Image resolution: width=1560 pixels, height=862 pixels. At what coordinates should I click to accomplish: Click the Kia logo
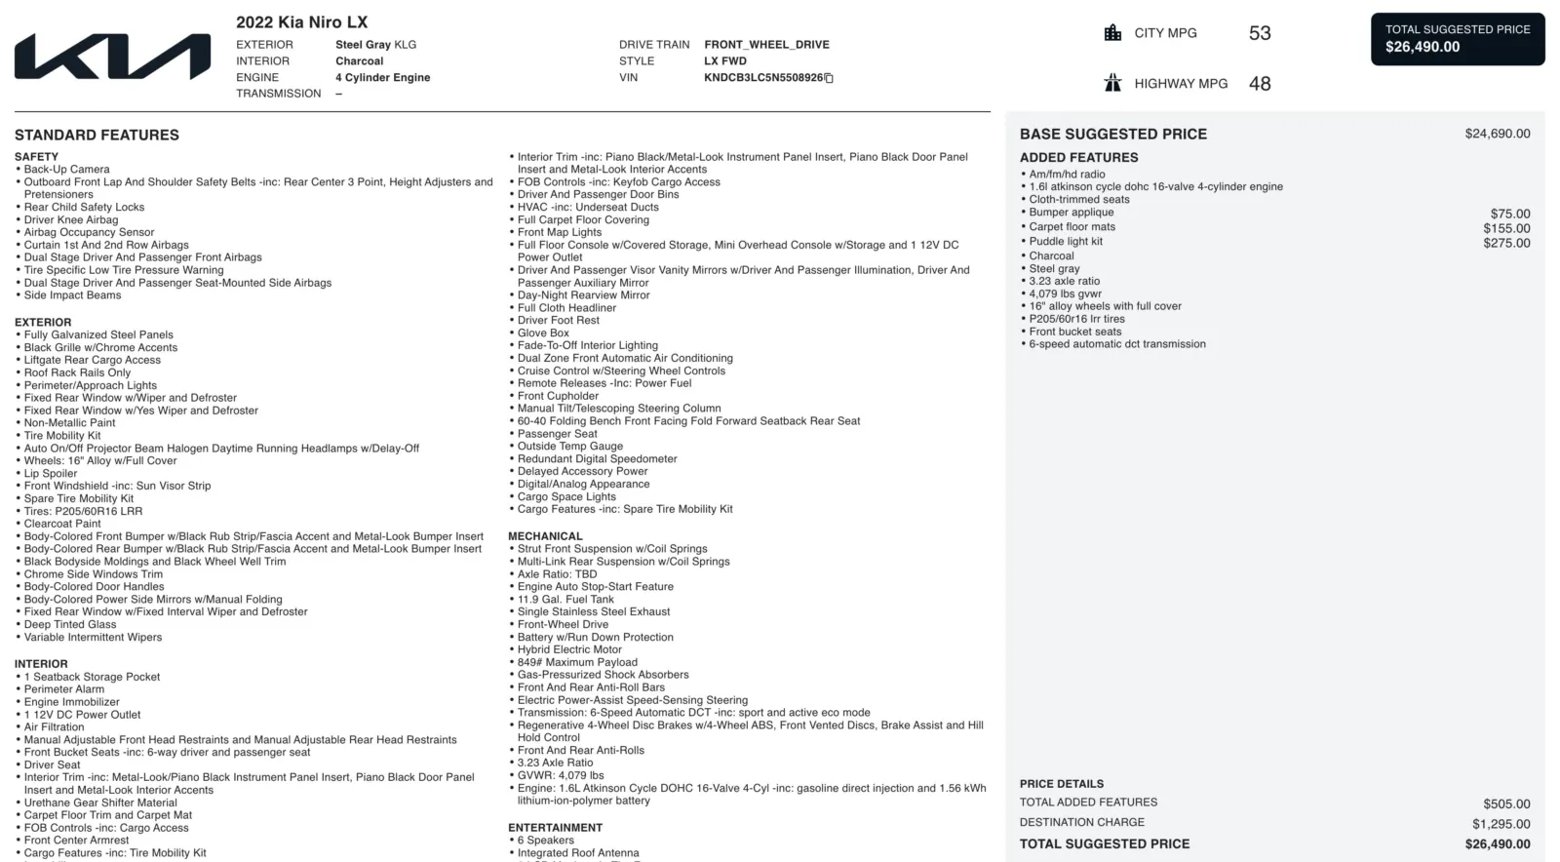[112, 57]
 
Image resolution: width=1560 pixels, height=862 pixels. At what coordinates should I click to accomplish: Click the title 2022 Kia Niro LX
[301, 22]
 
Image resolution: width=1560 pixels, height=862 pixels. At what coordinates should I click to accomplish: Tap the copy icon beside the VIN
[829, 78]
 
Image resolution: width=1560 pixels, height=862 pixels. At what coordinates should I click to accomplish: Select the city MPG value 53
[1260, 33]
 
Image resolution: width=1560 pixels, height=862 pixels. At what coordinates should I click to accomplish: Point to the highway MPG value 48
[1260, 84]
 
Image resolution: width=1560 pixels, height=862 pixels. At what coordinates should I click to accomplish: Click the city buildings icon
[1112, 33]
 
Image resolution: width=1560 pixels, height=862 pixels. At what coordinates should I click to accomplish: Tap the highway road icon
[1112, 83]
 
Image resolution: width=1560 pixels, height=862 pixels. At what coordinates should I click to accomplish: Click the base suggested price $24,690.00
[1497, 134]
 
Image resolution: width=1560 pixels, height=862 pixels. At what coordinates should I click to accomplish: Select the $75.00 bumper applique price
[1509, 214]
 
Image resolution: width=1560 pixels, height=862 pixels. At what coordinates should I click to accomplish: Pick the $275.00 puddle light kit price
[1506, 243]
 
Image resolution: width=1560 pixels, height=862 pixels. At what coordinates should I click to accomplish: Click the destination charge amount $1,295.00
[1501, 824]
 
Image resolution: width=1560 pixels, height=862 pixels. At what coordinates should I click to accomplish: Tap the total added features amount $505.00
[1506, 804]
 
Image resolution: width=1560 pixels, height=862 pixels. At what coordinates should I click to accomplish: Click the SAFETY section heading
[36, 157]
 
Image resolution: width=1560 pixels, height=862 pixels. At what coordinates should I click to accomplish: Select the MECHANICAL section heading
[545, 536]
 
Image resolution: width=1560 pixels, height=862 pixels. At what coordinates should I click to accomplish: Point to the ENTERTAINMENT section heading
[555, 828]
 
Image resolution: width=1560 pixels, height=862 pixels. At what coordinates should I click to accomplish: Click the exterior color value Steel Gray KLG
[375, 45]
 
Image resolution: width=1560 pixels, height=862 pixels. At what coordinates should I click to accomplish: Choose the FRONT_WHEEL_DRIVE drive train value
[766, 45]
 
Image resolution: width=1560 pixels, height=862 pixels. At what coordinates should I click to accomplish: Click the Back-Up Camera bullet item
[66, 170]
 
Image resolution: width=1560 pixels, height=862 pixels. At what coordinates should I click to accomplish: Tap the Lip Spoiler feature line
[51, 474]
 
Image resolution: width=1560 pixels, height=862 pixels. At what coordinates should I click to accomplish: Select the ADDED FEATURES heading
[1078, 157]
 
